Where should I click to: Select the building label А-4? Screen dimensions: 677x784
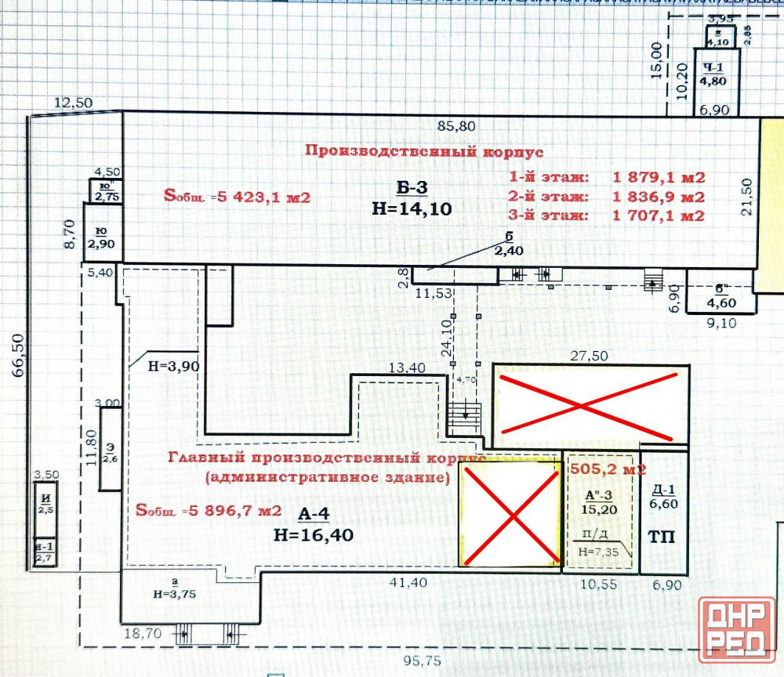point(314,514)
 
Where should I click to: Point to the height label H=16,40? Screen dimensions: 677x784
point(314,536)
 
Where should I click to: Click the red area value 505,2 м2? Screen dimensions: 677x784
point(608,469)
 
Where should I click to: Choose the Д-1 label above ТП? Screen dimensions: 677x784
point(664,497)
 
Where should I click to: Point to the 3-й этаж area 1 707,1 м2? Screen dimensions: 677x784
point(659,215)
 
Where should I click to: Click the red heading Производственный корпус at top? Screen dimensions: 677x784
point(424,151)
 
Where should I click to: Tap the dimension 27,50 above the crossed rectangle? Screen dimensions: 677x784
point(589,355)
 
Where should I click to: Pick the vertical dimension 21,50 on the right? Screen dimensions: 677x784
point(747,196)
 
